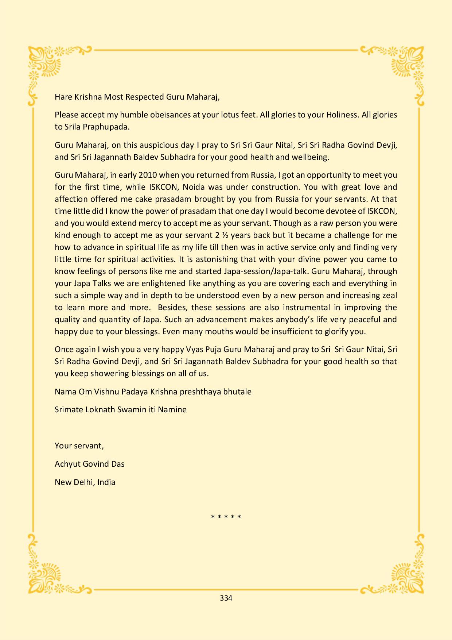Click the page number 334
click(x=226, y=598)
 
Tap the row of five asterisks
click(x=226, y=517)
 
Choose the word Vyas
click(x=194, y=349)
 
